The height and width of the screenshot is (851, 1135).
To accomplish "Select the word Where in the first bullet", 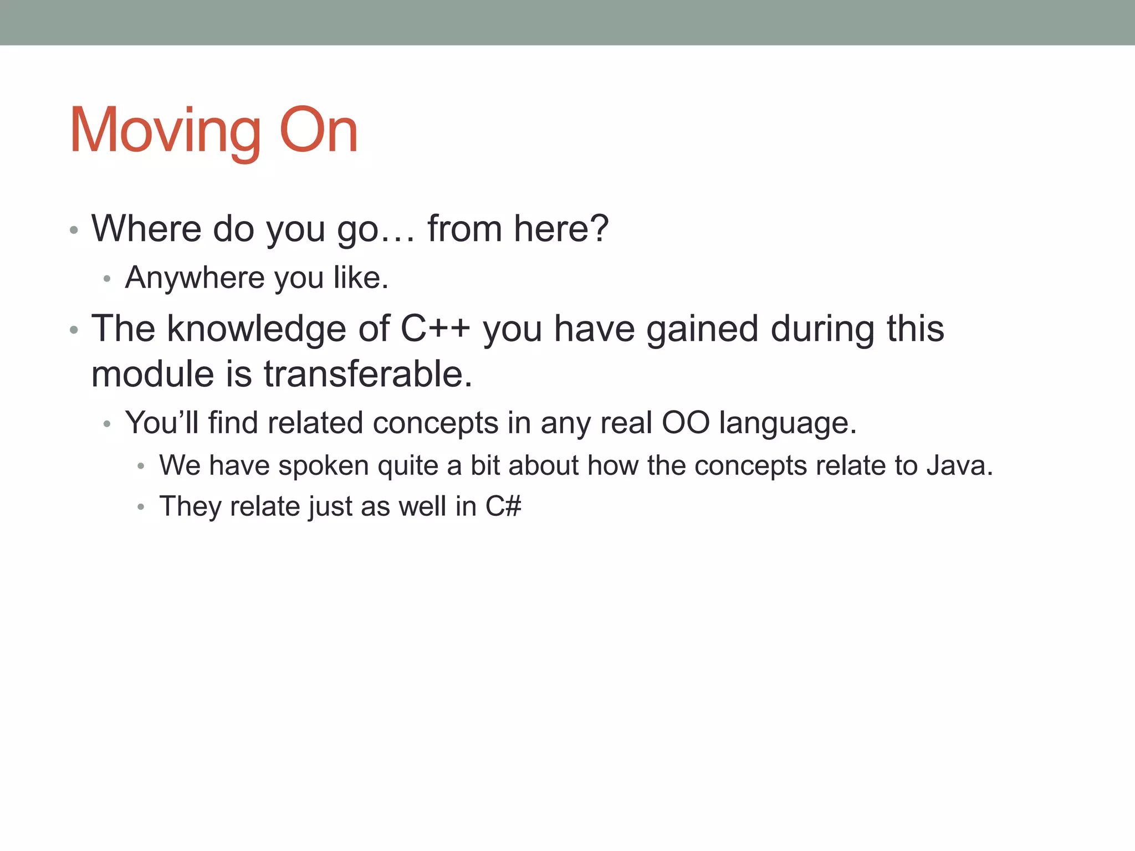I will [x=146, y=228].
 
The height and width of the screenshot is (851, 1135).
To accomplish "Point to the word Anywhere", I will [x=195, y=278].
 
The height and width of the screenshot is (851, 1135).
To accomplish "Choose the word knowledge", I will [x=256, y=329].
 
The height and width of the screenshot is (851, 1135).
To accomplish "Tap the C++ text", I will [x=435, y=329].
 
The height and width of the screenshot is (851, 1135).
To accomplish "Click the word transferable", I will [x=368, y=374].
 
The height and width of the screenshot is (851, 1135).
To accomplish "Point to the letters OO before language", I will [x=686, y=423].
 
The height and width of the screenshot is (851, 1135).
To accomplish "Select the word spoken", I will [x=324, y=466].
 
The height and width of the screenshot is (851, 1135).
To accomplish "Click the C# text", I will [x=503, y=506].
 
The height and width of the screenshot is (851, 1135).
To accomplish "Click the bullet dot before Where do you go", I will [x=74, y=230].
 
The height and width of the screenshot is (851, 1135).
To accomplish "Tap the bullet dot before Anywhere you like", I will [x=108, y=279].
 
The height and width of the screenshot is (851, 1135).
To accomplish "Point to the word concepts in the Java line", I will [x=750, y=466].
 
